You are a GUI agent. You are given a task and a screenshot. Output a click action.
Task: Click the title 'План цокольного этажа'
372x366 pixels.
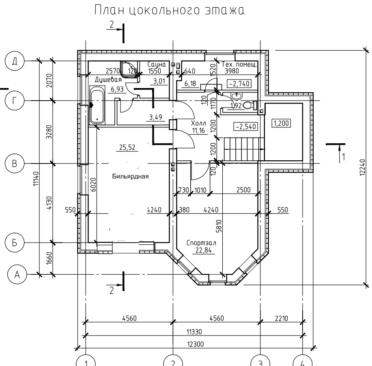[x=170, y=11]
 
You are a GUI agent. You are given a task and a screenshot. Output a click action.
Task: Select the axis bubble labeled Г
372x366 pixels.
[x=15, y=101]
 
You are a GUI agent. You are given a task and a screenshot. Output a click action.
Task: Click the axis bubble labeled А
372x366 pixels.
[x=17, y=275]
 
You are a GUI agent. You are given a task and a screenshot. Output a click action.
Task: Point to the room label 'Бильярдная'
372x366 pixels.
[x=130, y=176]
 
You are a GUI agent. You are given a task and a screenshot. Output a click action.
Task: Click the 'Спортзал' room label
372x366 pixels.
[x=201, y=243]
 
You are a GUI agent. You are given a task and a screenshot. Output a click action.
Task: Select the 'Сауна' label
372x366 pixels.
[x=157, y=64]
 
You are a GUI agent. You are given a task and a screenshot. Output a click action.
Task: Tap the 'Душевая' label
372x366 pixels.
[x=108, y=80]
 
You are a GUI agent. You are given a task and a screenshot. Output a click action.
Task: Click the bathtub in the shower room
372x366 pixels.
[x=97, y=105]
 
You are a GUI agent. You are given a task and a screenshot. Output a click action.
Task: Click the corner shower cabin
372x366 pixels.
[x=129, y=69]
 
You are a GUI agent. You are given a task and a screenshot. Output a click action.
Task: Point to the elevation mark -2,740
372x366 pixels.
[x=239, y=84]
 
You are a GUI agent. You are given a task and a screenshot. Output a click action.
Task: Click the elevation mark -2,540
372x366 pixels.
[x=245, y=126]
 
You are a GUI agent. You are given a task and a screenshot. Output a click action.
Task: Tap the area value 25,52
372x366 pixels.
[x=127, y=147]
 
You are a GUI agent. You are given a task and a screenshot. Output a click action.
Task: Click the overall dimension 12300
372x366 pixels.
[x=195, y=344]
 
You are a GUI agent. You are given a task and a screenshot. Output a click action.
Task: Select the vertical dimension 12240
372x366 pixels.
[x=362, y=167]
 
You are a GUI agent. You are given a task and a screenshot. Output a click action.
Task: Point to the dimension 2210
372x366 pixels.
[x=282, y=318]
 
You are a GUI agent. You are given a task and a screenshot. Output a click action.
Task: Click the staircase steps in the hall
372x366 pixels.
[x=244, y=149]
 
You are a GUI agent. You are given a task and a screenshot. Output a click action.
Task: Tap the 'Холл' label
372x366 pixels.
[x=198, y=123]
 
